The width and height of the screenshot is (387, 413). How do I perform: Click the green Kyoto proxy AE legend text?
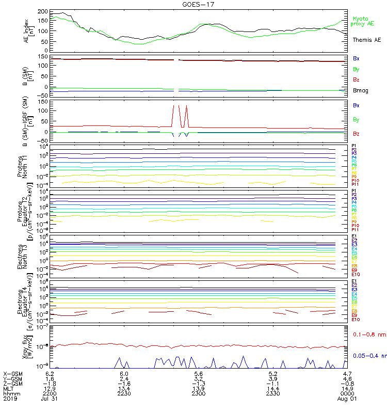click(364, 21)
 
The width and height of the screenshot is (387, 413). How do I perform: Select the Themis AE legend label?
click(366, 40)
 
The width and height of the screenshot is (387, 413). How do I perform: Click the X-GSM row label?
click(12, 373)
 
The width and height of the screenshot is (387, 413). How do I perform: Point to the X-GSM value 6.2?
click(50, 373)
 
